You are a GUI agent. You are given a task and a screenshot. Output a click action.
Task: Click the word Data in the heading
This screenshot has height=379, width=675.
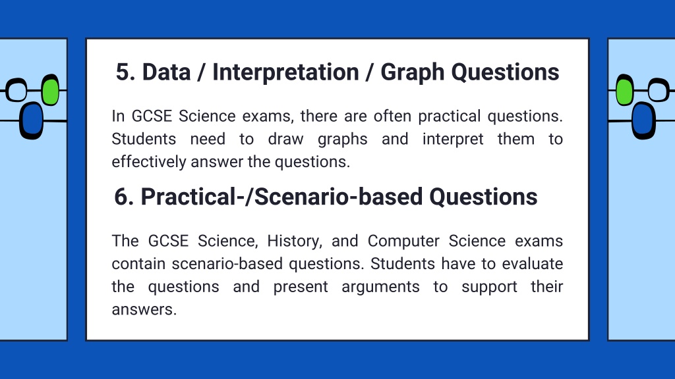(166, 72)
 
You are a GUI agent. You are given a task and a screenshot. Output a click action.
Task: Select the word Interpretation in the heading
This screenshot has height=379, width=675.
(286, 72)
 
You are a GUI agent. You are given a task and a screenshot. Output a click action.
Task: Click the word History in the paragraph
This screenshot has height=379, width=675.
(295, 241)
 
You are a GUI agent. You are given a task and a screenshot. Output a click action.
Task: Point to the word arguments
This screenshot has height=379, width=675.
(380, 287)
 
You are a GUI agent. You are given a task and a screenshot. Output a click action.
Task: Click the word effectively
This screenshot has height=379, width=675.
(149, 162)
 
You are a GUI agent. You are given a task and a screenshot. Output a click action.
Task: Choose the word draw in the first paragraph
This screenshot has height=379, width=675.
(286, 139)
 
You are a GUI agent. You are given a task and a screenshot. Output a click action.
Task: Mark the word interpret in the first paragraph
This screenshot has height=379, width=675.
(453, 139)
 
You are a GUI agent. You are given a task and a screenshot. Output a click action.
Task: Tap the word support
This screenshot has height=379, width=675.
(490, 287)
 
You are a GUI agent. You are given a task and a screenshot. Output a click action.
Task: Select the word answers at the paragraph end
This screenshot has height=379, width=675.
(144, 309)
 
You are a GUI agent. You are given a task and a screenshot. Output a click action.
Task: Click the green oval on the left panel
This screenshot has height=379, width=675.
(51, 89)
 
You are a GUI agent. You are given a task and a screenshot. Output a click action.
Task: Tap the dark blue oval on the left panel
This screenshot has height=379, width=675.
(32, 121)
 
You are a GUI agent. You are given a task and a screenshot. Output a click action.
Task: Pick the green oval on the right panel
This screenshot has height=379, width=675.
(625, 89)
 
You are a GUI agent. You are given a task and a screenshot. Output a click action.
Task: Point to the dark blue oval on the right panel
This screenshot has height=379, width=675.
(643, 121)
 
